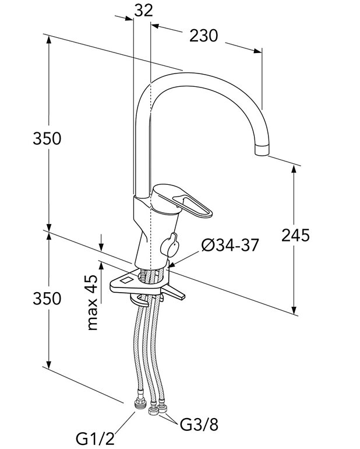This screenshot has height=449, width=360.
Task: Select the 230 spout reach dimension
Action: point(203,36)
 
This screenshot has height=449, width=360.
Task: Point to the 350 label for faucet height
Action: point(47,139)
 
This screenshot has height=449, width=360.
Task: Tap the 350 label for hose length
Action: point(47,299)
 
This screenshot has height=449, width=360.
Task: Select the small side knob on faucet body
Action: point(171,244)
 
